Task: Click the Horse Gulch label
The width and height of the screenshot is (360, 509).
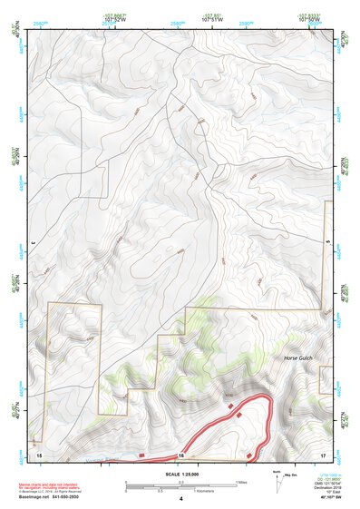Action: (303, 358)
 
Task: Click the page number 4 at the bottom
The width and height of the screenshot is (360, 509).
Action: (180, 499)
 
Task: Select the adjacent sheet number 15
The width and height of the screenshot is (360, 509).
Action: (37, 452)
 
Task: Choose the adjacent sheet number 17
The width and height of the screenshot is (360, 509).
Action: (323, 452)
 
